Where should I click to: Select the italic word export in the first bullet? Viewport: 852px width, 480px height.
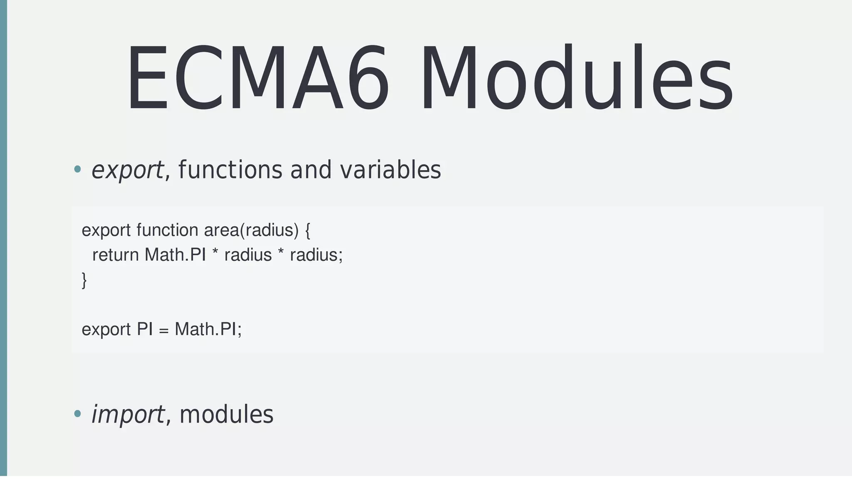[x=127, y=170]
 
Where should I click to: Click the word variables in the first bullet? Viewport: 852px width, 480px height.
[x=390, y=170]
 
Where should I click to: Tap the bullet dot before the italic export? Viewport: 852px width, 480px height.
[x=77, y=169]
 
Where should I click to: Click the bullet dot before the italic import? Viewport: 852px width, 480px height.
[x=77, y=413]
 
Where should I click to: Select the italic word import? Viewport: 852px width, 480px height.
[x=128, y=415]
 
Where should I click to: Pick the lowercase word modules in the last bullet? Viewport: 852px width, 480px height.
[x=226, y=415]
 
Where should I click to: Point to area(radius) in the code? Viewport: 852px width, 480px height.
[x=251, y=230]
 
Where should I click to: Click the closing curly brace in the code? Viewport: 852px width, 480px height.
[x=84, y=280]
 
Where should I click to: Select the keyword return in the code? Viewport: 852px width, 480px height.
[x=116, y=255]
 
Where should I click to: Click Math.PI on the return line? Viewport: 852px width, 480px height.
[x=175, y=255]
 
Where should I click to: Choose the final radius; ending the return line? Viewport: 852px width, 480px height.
[x=316, y=255]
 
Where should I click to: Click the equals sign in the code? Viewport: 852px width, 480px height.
[x=163, y=330]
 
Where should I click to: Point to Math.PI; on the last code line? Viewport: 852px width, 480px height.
[x=208, y=329]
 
